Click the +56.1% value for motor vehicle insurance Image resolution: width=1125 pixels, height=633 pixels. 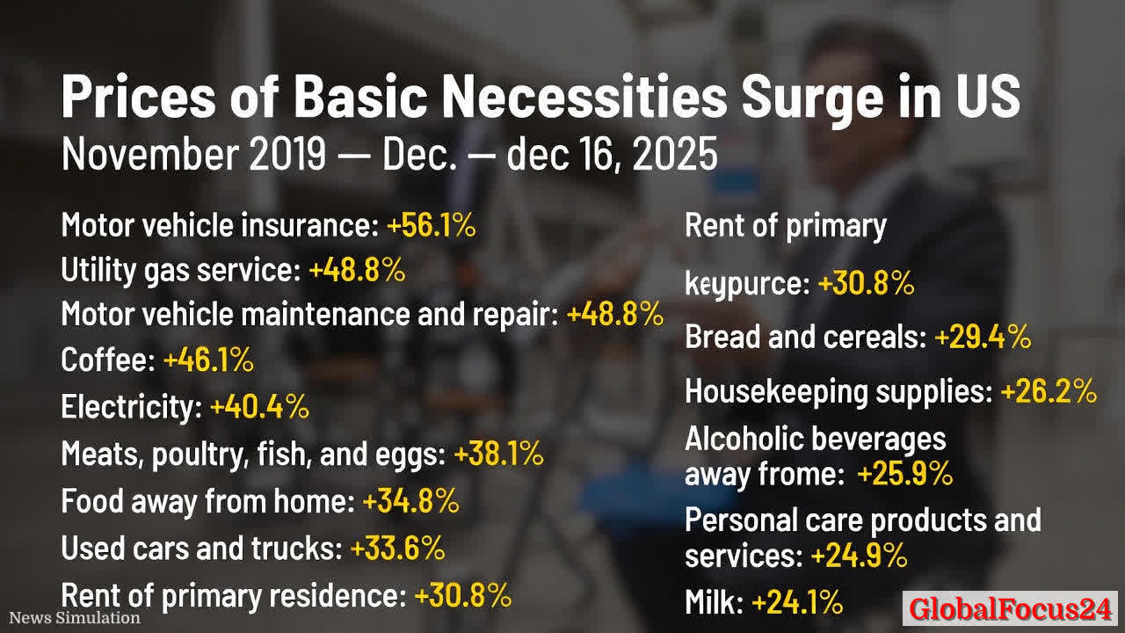pos(431,226)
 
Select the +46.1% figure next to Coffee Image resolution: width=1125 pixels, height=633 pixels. pos(208,360)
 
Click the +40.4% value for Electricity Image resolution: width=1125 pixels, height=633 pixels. pos(259,407)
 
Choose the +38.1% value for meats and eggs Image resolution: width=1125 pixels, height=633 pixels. pos(498,455)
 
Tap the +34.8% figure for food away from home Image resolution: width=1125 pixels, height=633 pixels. pos(410,501)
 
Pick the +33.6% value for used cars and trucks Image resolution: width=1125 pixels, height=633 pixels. pos(397,549)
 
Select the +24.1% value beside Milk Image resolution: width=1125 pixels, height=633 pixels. pos(797,603)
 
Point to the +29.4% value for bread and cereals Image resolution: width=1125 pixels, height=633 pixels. pos(983,337)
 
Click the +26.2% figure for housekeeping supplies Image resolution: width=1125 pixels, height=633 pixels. pos(1049,391)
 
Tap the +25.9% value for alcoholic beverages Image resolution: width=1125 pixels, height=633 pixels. pos(904,475)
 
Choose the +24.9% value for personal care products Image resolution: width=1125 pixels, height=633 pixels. pos(859,557)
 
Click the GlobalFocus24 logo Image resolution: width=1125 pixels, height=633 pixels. pos(1010,608)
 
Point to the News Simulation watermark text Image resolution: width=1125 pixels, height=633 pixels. pos(75,618)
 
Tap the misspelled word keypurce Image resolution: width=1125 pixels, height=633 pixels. pos(746,284)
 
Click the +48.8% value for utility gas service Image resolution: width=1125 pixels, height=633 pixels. pos(357,271)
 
